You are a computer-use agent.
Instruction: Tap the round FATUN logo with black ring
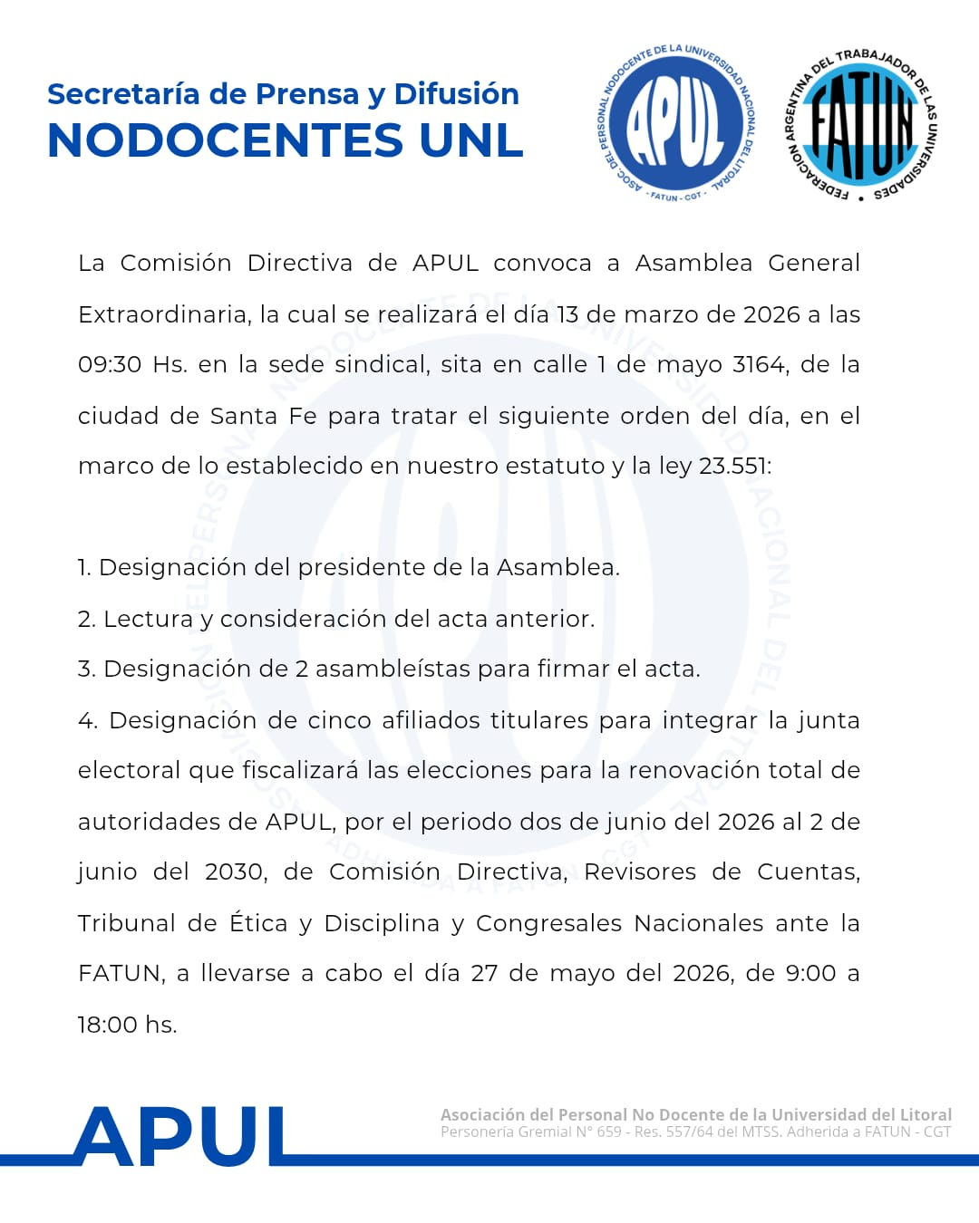point(861,124)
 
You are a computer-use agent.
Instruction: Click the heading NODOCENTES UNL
point(286,140)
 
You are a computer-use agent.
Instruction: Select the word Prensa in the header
point(306,94)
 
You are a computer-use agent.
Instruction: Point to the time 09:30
point(110,365)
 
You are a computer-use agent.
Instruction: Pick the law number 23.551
point(734,467)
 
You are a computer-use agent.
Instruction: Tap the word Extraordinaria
point(164,314)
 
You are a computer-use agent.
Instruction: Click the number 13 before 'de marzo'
point(567,314)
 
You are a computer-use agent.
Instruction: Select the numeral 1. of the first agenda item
point(84,568)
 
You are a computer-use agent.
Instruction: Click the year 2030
point(235,872)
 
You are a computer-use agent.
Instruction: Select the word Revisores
point(640,872)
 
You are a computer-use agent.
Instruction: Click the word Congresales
point(548,923)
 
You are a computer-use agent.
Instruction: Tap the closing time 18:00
point(107,1025)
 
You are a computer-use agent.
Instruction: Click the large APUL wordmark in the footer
point(180,1137)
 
